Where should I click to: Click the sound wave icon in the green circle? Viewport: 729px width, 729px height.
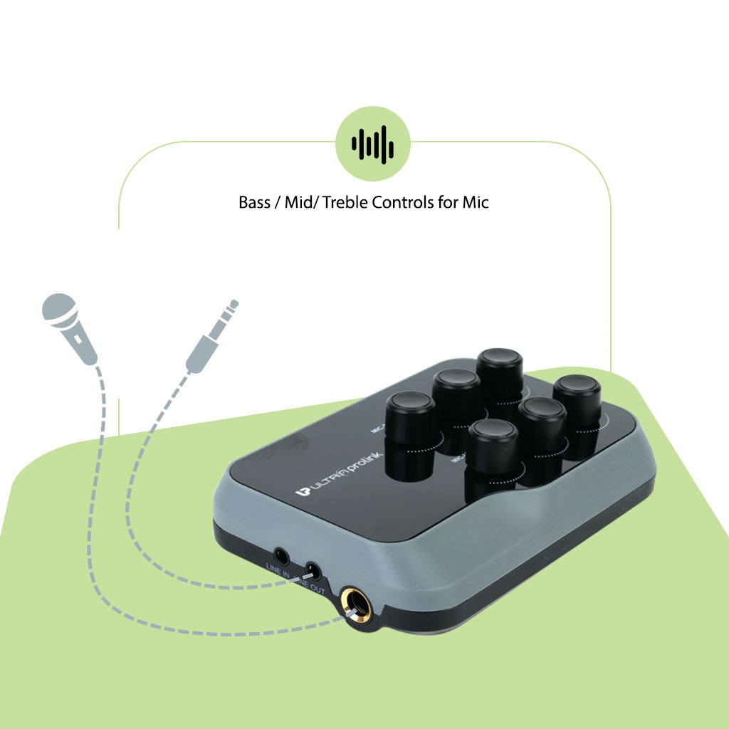tap(373, 143)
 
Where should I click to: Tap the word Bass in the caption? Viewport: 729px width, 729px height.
tap(254, 202)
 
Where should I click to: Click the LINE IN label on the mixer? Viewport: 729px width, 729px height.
tap(277, 567)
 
